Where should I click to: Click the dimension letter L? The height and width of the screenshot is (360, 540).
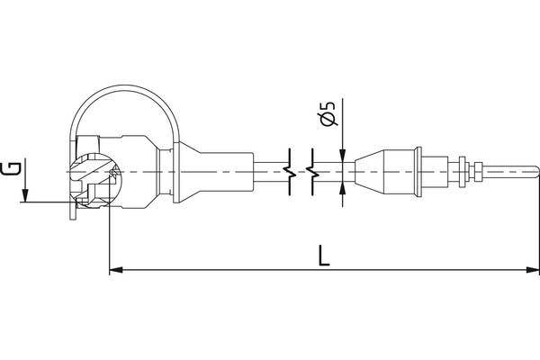[324, 254]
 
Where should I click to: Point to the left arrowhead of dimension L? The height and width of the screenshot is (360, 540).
[115, 269]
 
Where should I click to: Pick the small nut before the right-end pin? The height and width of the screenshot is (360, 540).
[463, 170]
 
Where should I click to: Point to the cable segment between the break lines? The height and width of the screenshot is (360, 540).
[301, 170]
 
